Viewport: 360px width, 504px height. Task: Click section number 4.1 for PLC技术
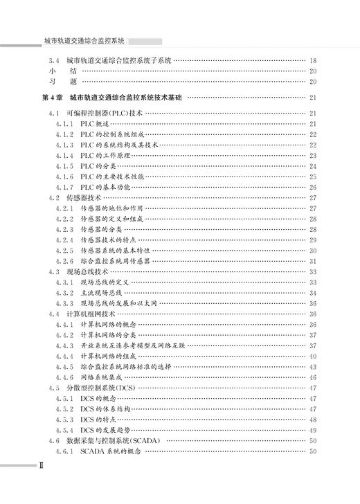[x=54, y=113]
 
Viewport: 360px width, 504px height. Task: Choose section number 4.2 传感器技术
[x=54, y=198]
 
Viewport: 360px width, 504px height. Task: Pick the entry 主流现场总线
[x=106, y=293]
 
